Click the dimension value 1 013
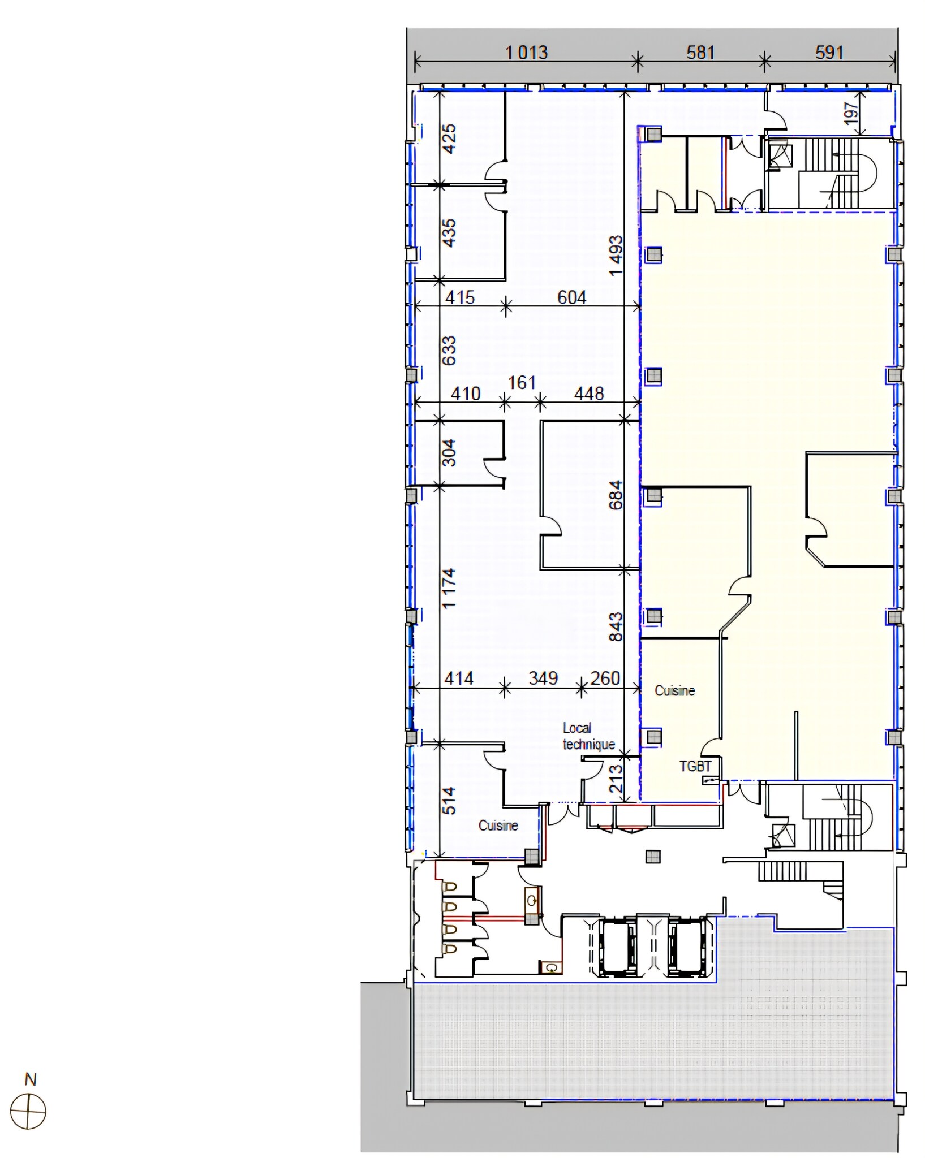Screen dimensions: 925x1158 [526, 53]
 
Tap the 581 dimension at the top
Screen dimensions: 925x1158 [700, 53]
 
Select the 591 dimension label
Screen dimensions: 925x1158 [829, 53]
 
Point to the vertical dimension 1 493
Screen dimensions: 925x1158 [616, 256]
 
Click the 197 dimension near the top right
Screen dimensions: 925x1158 [851, 113]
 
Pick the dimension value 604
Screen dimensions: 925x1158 [571, 297]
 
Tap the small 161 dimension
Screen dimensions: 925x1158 [522, 383]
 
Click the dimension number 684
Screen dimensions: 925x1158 [616, 495]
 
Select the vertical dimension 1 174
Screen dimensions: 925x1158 [448, 589]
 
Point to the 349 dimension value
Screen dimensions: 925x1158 [543, 678]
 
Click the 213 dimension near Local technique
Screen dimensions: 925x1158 [616, 779]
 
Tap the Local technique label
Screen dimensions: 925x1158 [588, 736]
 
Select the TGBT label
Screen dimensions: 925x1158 [695, 766]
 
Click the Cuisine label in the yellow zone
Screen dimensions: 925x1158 [675, 690]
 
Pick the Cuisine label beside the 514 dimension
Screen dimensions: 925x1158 [498, 826]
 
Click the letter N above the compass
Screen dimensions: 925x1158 [31, 1080]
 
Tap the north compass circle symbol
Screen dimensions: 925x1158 [28, 1112]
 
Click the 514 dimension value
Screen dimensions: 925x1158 [448, 801]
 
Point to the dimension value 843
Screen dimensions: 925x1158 [616, 626]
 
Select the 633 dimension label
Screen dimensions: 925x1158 [448, 351]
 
